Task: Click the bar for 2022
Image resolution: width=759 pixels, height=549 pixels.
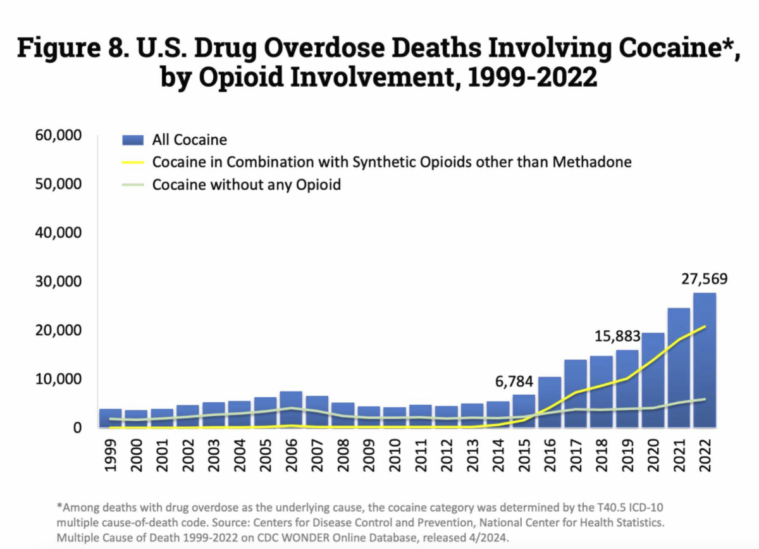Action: coord(704,360)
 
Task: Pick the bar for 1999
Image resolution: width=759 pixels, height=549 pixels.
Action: coord(110,418)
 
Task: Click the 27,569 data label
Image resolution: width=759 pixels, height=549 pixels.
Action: coord(704,279)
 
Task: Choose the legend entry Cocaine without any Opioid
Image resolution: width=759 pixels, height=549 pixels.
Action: coord(247,185)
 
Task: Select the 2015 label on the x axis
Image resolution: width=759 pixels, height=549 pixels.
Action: coord(523,453)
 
